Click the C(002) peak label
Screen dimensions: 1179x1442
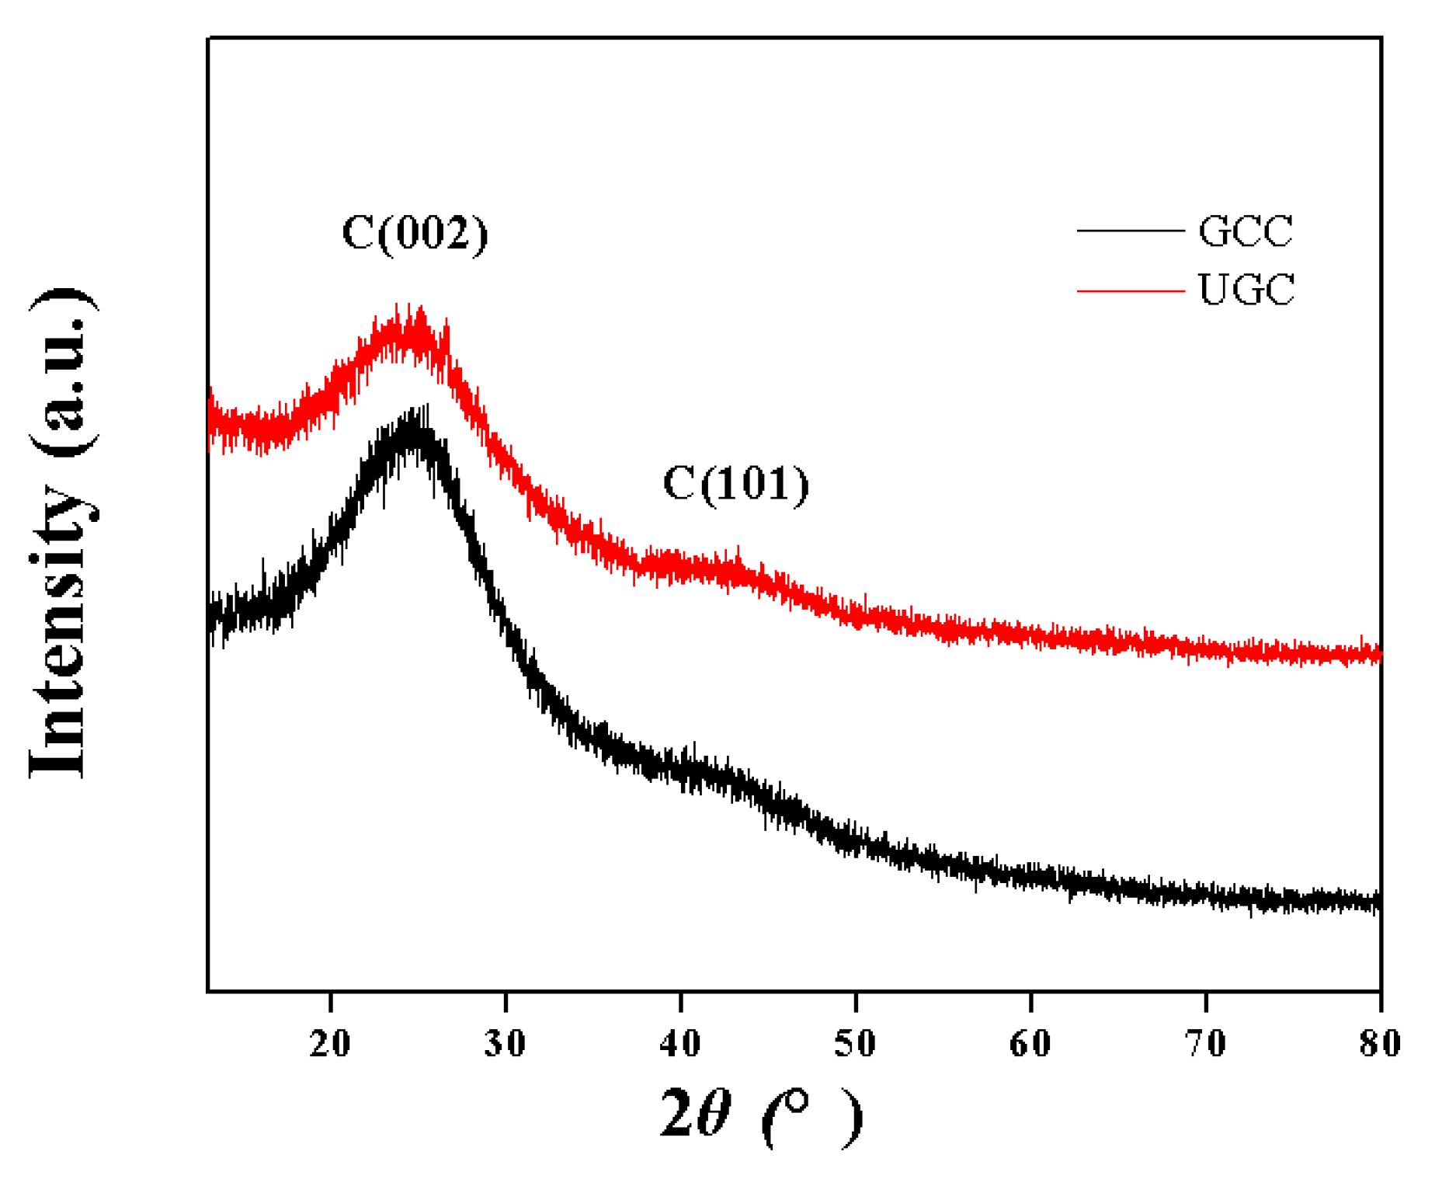pos(415,233)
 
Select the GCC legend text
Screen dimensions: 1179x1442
pos(1245,231)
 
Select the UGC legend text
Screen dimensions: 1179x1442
pos(1246,290)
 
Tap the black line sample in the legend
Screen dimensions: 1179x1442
pos(1130,231)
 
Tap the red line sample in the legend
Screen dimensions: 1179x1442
pos(1130,290)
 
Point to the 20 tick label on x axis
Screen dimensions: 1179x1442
pos(330,1043)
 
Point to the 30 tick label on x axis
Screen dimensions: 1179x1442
pos(505,1043)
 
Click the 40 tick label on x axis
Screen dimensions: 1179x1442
pos(680,1043)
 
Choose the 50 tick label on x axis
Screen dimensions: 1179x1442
pos(855,1043)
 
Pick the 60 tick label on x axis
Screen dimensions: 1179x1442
pos(1030,1043)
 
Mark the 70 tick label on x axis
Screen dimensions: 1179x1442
pos(1205,1043)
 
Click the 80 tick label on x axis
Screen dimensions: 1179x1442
pos(1380,1043)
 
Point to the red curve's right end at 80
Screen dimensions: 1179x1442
pos(1378,655)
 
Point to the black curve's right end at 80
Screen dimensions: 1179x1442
pos(1378,903)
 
